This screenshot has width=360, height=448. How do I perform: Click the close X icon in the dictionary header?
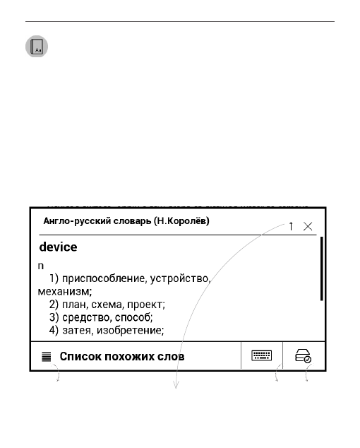click(308, 226)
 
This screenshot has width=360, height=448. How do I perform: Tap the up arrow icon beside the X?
click(291, 226)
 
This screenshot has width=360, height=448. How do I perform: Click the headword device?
click(58, 248)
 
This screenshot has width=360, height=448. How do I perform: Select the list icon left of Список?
click(46, 358)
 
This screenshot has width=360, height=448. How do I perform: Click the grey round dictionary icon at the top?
click(37, 47)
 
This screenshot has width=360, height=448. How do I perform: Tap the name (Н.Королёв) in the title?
click(180, 222)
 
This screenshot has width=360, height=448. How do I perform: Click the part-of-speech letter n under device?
click(41, 266)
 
